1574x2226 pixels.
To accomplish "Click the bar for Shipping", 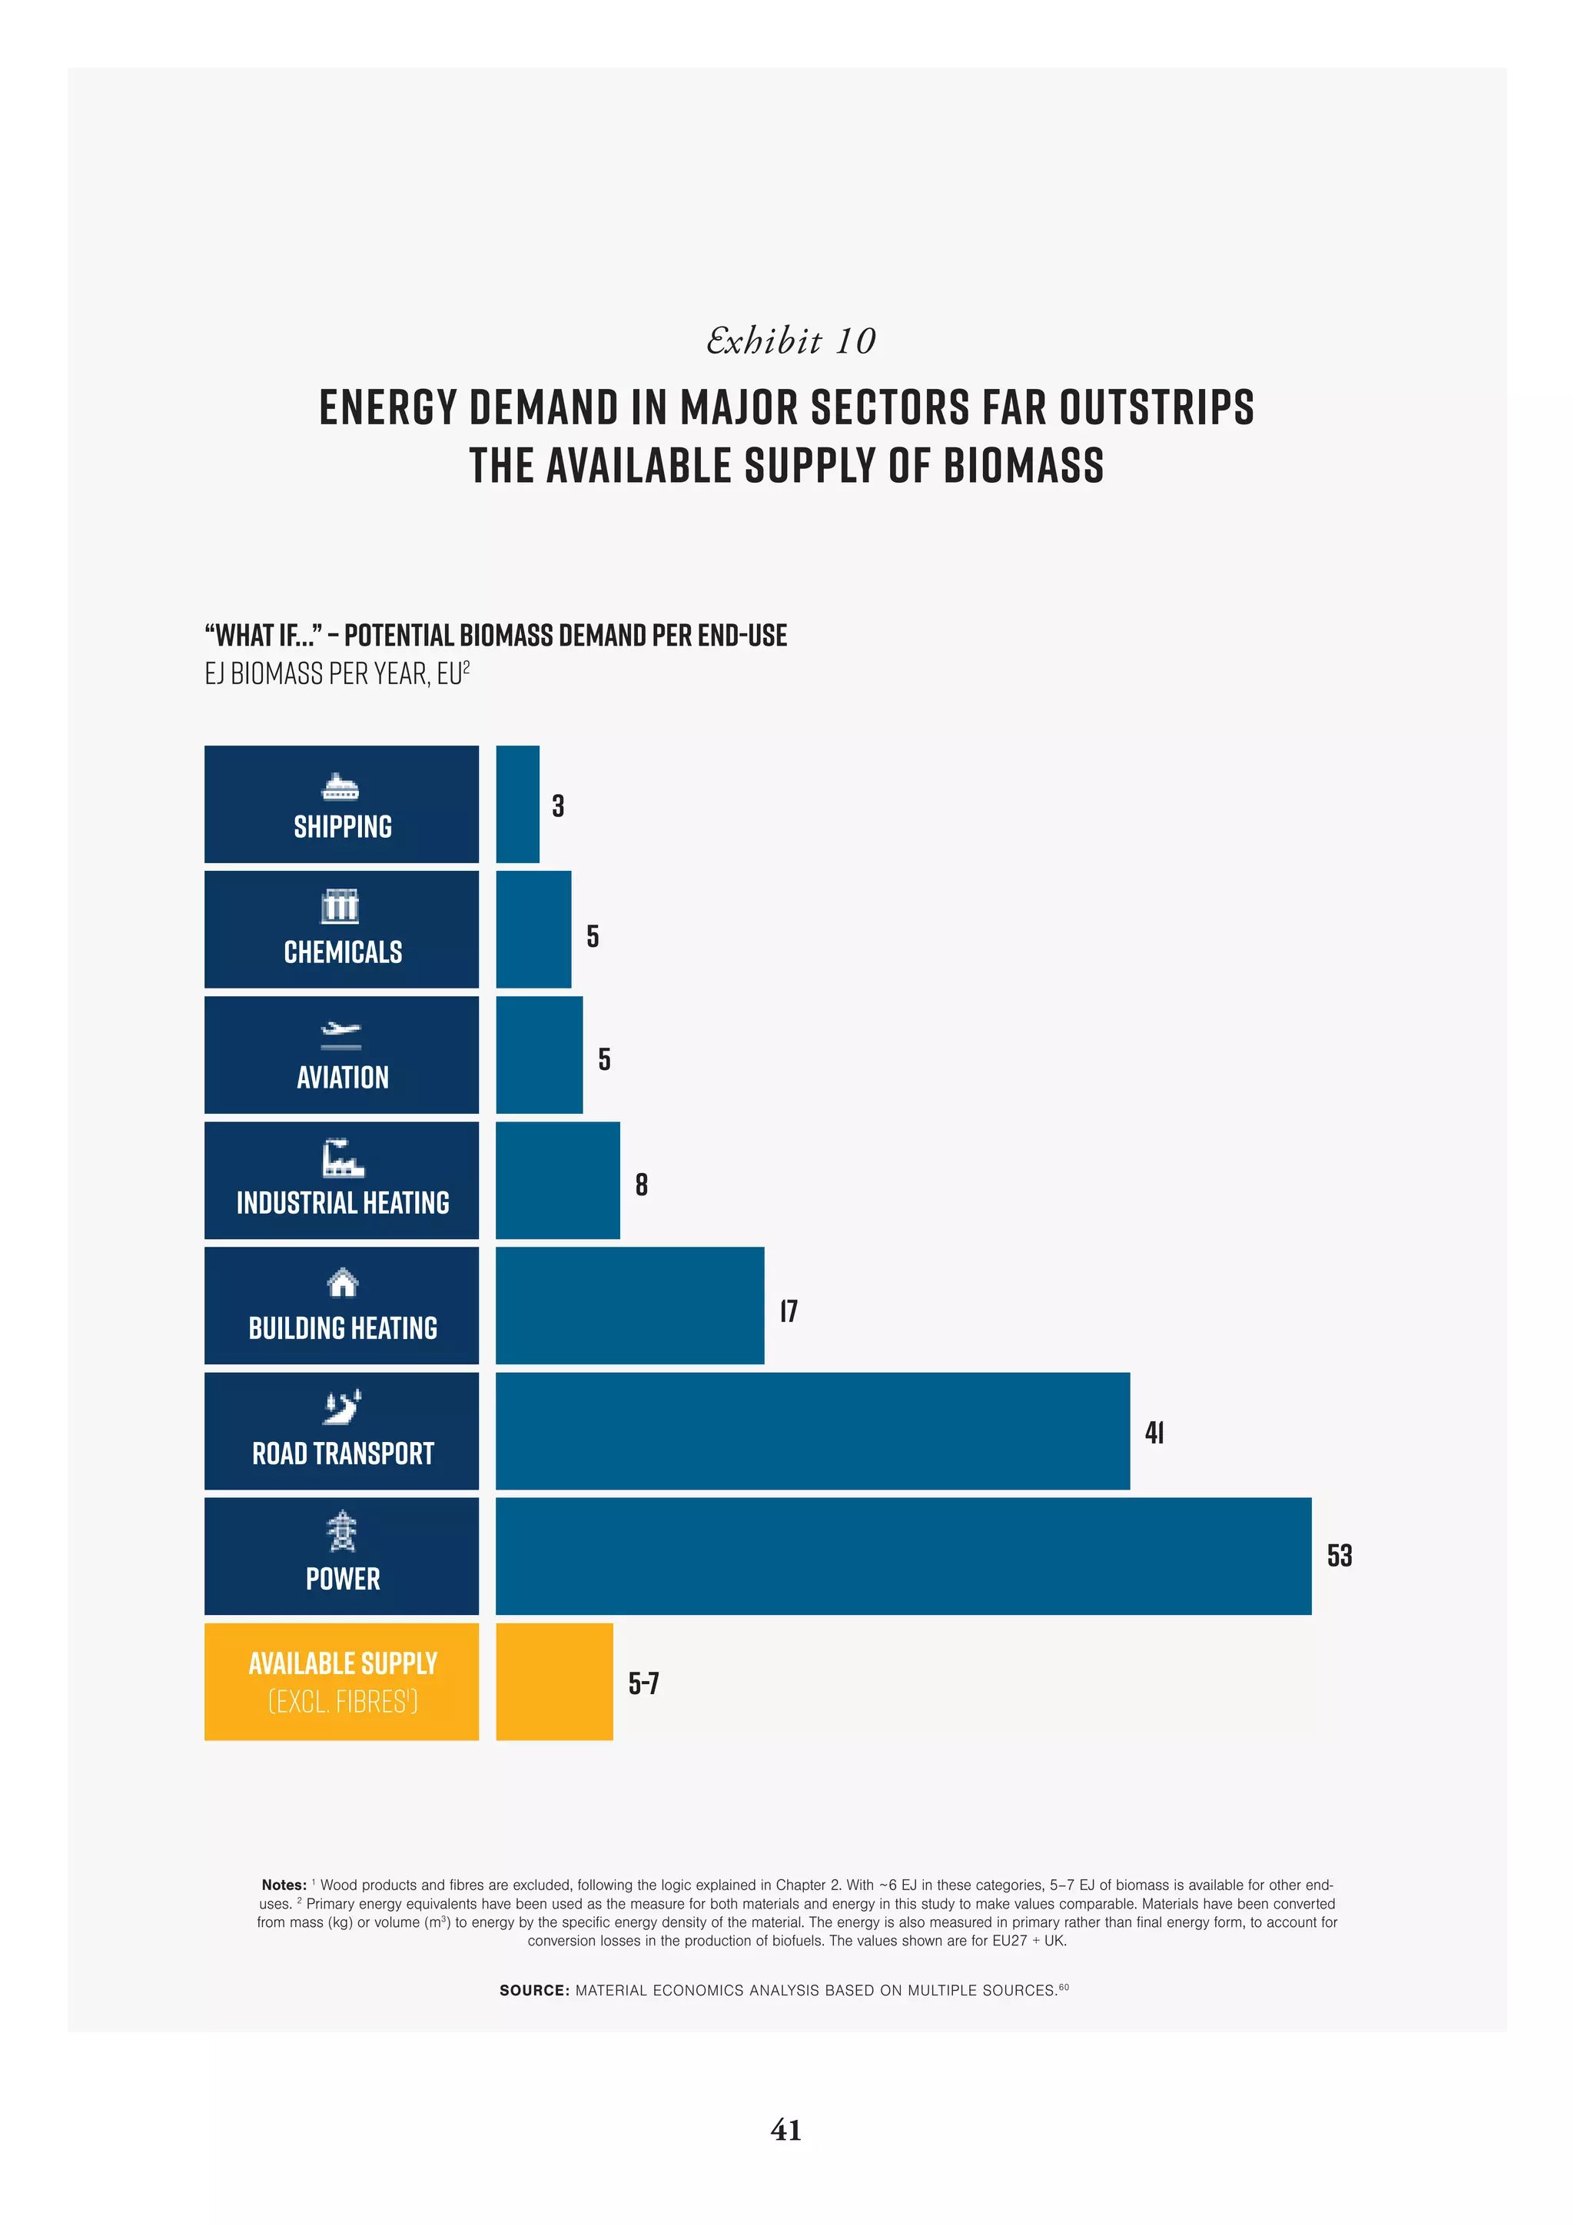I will pyautogui.click(x=517, y=804).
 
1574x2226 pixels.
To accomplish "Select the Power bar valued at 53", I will pyautogui.click(x=903, y=1556).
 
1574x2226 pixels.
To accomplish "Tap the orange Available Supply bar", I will pyautogui.click(x=554, y=1681).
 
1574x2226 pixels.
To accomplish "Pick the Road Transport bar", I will pyautogui.click(x=812, y=1431).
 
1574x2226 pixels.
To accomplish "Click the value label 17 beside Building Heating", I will pyautogui.click(x=789, y=1311).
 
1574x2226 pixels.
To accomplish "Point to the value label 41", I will pyautogui.click(x=1154, y=1433).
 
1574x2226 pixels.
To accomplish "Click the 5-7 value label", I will pyautogui.click(x=643, y=1683).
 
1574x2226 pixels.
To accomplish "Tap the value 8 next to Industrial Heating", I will pyautogui.click(x=642, y=1184).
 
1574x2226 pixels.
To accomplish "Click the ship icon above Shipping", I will pyautogui.click(x=340, y=786).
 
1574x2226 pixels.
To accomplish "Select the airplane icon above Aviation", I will pyautogui.click(x=340, y=1035).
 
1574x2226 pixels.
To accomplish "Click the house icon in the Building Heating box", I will pyautogui.click(x=342, y=1283).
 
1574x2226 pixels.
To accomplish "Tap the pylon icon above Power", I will pyautogui.click(x=341, y=1531).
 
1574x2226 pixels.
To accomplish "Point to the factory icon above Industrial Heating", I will pyautogui.click(x=342, y=1158).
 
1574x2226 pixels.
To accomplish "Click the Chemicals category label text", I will pyautogui.click(x=342, y=952).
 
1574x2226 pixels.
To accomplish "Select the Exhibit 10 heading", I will pyautogui.click(x=790, y=341).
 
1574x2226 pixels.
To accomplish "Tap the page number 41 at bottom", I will pyautogui.click(x=786, y=2130).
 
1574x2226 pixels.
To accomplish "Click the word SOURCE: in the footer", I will pyautogui.click(x=534, y=1990).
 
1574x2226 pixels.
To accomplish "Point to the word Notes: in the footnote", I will pyautogui.click(x=283, y=1885).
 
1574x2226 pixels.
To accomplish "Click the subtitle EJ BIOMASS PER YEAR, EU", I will pyautogui.click(x=337, y=674).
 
